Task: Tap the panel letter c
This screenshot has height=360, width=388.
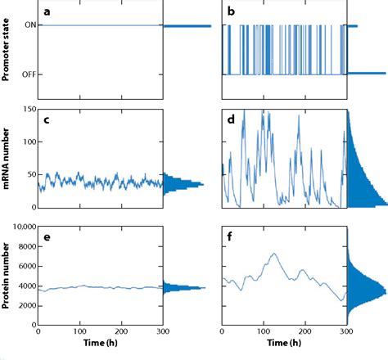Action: (x=47, y=121)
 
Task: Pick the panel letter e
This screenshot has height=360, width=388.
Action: (x=47, y=236)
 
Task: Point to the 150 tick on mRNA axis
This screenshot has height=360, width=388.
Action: (x=27, y=109)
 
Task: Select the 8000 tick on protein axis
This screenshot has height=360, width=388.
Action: (x=25, y=245)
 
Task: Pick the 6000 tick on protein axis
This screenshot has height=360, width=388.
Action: (x=25, y=265)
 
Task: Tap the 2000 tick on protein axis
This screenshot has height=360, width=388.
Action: (x=25, y=305)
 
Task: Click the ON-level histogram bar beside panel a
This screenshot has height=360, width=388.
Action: (x=187, y=26)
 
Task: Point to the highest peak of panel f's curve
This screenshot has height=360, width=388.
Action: (x=273, y=254)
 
